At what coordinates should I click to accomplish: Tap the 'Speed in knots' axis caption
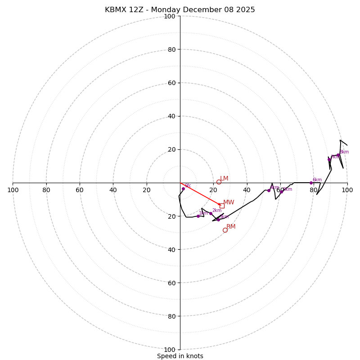coord(180,356)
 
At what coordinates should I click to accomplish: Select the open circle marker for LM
coord(219,182)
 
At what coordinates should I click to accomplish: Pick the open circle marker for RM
coord(225,230)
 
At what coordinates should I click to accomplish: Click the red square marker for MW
coord(222,206)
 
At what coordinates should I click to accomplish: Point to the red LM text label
coord(224,179)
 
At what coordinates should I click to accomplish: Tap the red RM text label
coord(231,227)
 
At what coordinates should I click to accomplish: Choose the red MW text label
coord(229,202)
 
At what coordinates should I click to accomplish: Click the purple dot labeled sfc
coord(183,189)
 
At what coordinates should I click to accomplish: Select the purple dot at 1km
coord(198,216)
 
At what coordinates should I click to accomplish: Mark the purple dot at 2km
coord(211,213)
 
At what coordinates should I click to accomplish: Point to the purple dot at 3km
coord(218,220)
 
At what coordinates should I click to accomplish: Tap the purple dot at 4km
coord(269,190)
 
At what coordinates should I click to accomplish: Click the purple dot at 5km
coord(282,192)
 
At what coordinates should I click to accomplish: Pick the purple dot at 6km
coord(311,183)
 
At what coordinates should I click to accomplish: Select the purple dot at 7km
coord(329,159)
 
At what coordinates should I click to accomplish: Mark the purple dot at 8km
coord(338,155)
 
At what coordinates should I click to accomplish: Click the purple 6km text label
coord(317,180)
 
